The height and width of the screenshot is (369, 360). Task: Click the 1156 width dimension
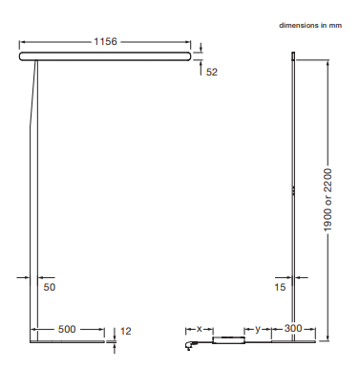105,41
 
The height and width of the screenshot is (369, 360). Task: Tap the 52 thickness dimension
212,72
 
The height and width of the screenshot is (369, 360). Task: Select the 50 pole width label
50,287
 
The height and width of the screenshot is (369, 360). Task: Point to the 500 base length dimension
67,329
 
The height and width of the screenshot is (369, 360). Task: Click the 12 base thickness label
126,331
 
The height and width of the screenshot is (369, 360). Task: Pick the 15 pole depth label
280,287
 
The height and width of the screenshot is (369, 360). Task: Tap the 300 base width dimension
293,328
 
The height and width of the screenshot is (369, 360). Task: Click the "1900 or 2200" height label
328,200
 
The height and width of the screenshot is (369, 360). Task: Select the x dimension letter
200,329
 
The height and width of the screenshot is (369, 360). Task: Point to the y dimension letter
258,329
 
